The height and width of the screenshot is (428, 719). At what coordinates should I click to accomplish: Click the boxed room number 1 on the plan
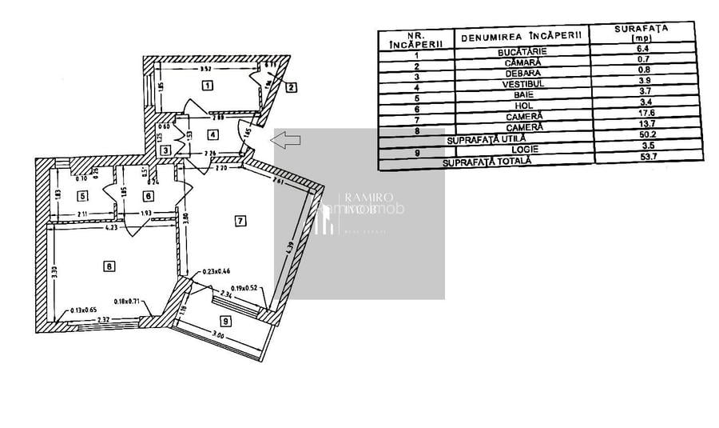click(207, 85)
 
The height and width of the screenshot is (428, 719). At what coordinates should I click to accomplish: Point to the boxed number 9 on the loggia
click(226, 322)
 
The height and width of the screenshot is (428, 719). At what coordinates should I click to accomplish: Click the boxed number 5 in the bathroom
click(82, 195)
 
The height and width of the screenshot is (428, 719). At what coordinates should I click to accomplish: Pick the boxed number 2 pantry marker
click(292, 87)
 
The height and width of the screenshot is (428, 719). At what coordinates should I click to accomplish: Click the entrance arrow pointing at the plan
click(286, 141)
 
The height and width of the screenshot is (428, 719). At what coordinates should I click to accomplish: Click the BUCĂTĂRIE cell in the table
click(522, 50)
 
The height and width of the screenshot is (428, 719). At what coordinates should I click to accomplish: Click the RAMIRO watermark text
click(364, 198)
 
